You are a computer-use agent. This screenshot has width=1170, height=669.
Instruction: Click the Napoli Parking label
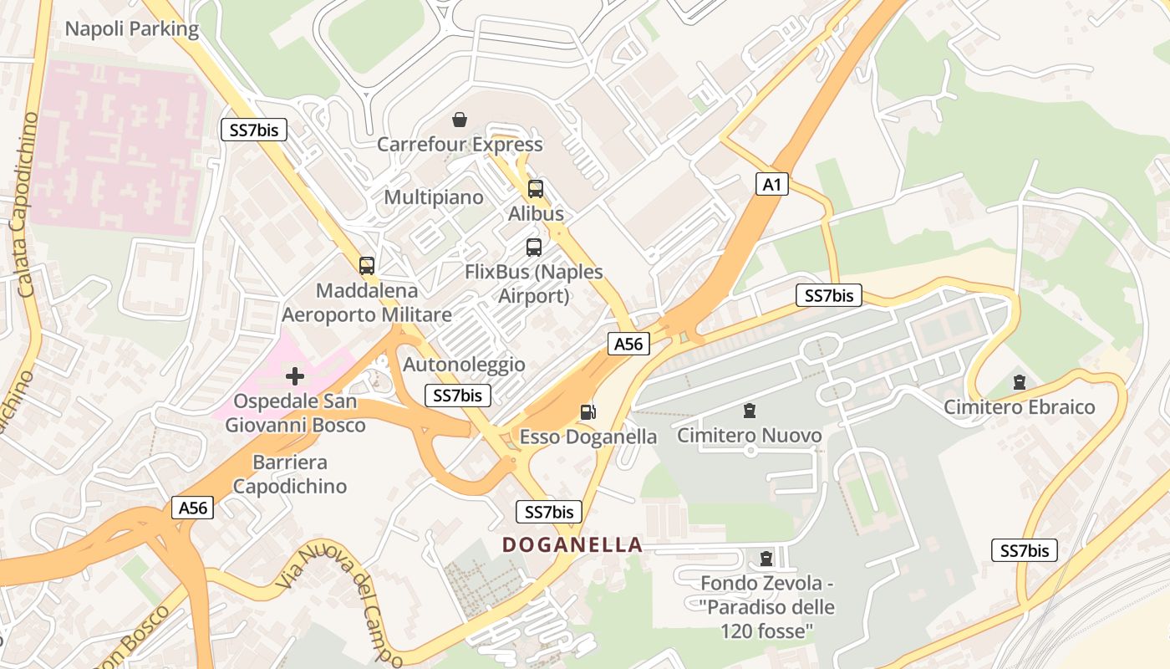coord(132,29)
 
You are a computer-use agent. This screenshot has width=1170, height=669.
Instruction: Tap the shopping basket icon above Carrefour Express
coord(459,120)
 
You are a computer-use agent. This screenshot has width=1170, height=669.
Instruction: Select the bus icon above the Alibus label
coord(536,189)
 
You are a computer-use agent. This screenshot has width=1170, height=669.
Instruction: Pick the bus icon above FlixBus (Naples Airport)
coord(534,248)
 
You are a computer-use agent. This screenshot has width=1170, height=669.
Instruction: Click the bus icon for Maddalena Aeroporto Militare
coord(366,266)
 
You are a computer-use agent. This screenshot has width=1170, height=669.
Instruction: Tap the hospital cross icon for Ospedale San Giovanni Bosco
coord(295,376)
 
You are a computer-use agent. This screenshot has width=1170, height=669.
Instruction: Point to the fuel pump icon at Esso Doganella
coord(588,411)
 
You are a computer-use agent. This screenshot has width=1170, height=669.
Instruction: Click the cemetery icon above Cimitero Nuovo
coord(750,411)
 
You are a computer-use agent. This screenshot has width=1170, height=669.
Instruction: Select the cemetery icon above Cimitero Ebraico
coord(1019,382)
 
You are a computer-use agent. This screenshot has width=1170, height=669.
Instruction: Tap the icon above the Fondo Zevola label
coord(766,558)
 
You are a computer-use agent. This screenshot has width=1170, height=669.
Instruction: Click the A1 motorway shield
coord(772,184)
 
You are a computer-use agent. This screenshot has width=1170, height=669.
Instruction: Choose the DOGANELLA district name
coord(572,545)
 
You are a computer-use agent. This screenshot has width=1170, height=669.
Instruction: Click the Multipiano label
coord(434,197)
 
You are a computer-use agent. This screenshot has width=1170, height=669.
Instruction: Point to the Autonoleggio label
coord(464,365)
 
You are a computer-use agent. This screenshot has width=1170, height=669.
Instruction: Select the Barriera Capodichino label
coord(289,474)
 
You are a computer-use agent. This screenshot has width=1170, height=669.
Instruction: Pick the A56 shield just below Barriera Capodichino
coord(193,508)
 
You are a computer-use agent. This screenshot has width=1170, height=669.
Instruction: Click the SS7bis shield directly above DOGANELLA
coord(548,512)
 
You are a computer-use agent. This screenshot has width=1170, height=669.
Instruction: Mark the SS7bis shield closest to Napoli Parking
coord(254,130)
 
